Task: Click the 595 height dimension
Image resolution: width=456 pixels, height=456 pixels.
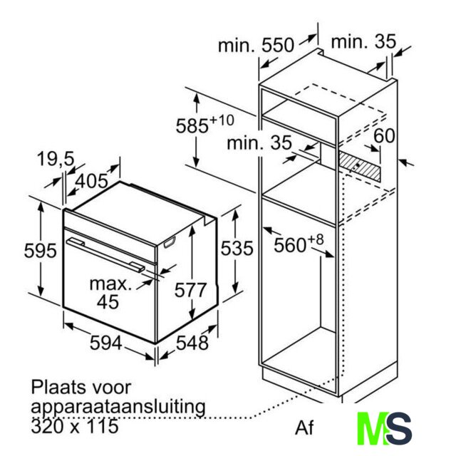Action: pyautogui.click(x=40, y=250)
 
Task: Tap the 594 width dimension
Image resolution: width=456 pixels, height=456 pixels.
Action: pyautogui.click(x=105, y=343)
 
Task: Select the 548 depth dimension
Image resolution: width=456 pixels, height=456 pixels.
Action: pyautogui.click(x=192, y=343)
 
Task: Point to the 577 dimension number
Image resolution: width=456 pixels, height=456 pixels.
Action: pyautogui.click(x=190, y=290)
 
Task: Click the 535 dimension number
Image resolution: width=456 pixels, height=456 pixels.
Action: pyautogui.click(x=237, y=248)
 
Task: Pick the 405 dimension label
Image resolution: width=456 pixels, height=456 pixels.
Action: pyautogui.click(x=92, y=181)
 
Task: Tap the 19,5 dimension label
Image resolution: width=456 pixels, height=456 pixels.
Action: pyautogui.click(x=56, y=159)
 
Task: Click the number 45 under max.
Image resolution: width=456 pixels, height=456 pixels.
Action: pyautogui.click(x=108, y=301)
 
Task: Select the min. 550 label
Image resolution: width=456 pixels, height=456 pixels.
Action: pyautogui.click(x=256, y=46)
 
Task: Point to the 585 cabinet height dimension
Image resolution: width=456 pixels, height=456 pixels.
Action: pyautogui.click(x=204, y=125)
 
